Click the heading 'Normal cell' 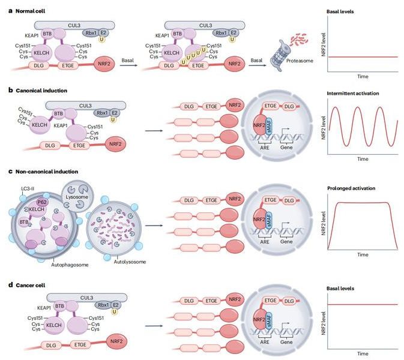(x=28, y=11)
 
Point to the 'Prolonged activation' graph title (x=351, y=188)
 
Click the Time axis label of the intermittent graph (x=363, y=160)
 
